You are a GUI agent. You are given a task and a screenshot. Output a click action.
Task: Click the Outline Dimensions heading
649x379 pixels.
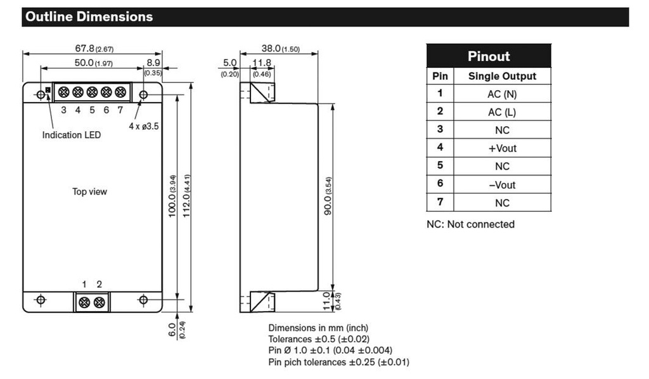(88, 16)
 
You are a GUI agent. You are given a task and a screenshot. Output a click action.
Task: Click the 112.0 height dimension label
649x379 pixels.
(186, 197)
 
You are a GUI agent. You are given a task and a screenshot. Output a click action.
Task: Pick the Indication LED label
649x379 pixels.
(71, 135)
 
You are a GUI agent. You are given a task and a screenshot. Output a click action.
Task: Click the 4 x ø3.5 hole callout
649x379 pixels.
(144, 126)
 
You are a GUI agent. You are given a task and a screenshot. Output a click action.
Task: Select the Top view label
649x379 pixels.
(89, 191)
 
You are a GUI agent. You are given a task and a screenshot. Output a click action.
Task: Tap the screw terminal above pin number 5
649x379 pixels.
(92, 93)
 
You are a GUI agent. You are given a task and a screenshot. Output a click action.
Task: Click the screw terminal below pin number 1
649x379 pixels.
(84, 303)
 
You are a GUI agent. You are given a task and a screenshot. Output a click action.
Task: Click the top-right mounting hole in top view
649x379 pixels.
(143, 95)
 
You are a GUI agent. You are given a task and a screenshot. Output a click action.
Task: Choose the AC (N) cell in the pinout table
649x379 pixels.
(502, 94)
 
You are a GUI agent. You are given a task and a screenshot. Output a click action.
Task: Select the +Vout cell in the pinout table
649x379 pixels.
(502, 148)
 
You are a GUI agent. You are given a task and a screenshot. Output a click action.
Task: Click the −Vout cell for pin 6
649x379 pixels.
(502, 185)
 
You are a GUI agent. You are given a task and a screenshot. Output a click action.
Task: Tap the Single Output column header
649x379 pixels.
(502, 76)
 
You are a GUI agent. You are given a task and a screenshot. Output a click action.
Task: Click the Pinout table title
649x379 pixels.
(489, 56)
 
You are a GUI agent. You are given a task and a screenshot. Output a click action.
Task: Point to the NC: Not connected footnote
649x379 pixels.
(470, 224)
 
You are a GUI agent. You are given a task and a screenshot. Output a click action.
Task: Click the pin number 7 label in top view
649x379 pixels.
(120, 110)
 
